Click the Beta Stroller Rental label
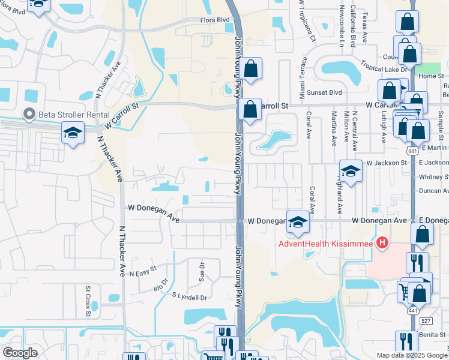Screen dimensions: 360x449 pyautogui.click(x=74, y=115)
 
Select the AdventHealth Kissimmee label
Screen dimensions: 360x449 pyautogui.click(x=325, y=244)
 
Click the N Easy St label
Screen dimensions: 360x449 pyautogui.click(x=143, y=271)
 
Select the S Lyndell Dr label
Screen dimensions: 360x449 pyautogui.click(x=189, y=296)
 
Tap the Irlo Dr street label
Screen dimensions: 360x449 pyautogui.click(x=161, y=284)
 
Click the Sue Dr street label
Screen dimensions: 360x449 pyautogui.click(x=202, y=272)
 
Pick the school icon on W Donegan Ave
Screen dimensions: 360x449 pyautogui.click(x=298, y=222)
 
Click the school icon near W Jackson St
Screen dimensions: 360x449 pyautogui.click(x=351, y=170)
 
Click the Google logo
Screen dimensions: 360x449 pyautogui.click(x=20, y=353)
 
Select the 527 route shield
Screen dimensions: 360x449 pyautogui.click(x=426, y=322)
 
